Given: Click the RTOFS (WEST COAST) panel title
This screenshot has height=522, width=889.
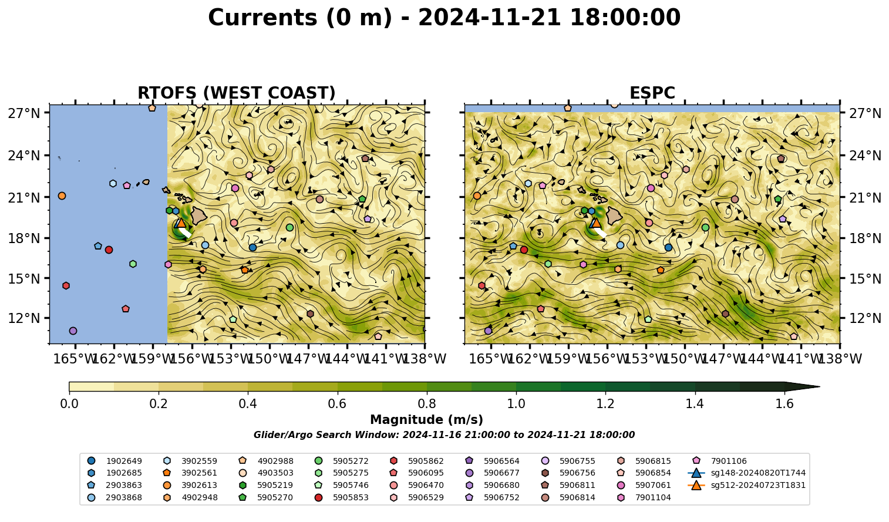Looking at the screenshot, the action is click(237, 93).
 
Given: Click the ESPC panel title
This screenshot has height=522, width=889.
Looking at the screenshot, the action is click(652, 93).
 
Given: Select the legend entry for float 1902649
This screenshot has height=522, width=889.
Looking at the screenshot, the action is click(115, 461).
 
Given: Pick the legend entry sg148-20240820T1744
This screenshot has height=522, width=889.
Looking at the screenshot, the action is click(746, 473).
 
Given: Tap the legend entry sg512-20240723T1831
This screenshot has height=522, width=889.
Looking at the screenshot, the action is click(746, 485).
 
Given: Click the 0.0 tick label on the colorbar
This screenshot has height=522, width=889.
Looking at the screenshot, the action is click(69, 404).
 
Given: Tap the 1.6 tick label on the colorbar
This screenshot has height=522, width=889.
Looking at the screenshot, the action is click(784, 404).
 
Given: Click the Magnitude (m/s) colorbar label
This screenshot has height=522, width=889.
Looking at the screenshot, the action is click(427, 420).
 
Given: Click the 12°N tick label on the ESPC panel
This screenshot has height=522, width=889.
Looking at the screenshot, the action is click(865, 318).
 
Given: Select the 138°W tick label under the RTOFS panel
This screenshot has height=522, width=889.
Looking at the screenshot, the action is click(425, 359).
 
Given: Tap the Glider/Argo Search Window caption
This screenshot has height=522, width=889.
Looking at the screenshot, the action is click(444, 435).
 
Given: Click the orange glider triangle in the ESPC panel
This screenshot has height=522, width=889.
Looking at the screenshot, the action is click(596, 223).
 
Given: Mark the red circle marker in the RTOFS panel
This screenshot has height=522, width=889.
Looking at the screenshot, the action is click(109, 250).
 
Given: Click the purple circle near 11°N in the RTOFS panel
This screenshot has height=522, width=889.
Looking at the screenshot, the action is click(73, 331).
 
